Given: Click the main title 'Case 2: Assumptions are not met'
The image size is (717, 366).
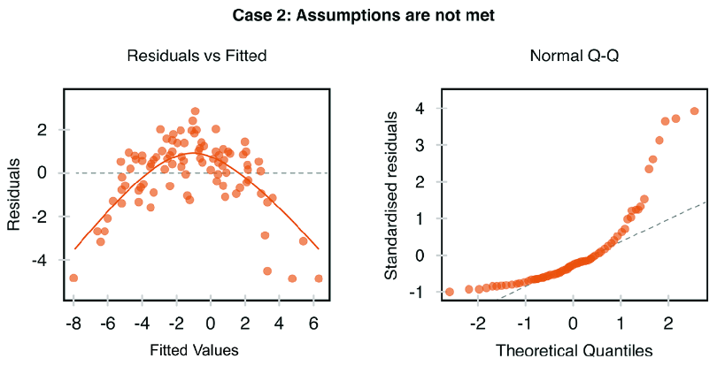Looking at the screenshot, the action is [364, 16].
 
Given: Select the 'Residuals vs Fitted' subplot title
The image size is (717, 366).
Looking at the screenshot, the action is [197, 56].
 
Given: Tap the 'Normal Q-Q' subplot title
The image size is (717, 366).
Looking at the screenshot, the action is [574, 56].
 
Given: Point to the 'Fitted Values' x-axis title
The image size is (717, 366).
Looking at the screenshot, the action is [195, 350].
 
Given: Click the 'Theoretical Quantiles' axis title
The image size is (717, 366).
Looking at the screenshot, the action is [574, 350].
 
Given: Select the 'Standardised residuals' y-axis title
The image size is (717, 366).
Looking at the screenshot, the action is [391, 195].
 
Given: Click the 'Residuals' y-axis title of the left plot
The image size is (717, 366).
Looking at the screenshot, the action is [13, 194].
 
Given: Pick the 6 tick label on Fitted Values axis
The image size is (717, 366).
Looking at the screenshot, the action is [313, 324].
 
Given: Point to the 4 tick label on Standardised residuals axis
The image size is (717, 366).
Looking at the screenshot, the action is [419, 108].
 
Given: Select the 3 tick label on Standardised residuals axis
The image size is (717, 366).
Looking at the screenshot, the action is [419, 145].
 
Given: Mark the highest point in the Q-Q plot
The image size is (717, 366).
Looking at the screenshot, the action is [694, 111].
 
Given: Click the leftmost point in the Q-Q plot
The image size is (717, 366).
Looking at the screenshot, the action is [450, 292].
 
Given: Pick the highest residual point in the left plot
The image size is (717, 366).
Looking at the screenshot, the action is [196, 111].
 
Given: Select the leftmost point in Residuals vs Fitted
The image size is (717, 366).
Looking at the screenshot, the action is [73, 278].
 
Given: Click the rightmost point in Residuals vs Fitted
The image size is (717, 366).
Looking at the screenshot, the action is [319, 278].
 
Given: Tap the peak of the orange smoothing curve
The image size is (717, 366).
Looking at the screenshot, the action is [196, 153].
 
